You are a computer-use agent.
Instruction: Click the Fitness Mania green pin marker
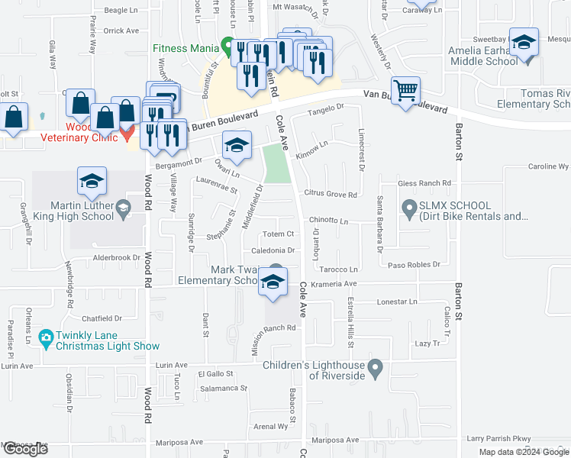coord(227,44)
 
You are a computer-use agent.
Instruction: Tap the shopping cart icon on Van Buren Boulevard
coord(406,91)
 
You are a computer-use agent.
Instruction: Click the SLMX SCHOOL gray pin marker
coord(409,207)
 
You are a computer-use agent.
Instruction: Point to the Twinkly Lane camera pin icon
coord(45,337)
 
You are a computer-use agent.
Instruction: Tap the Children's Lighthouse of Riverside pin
coord(374,369)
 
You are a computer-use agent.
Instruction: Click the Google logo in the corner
coord(25,450)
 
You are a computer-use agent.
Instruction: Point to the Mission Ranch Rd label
coord(273,328)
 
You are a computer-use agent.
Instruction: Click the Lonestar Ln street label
coord(397,302)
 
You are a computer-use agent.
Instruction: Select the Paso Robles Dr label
coord(415,265)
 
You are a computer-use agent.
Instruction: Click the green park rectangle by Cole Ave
coord(276,163)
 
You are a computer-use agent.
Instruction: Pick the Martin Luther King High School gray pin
coord(122,207)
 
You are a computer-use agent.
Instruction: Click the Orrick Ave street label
coord(121,31)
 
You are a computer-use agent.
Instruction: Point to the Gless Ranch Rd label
coord(424,183)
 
